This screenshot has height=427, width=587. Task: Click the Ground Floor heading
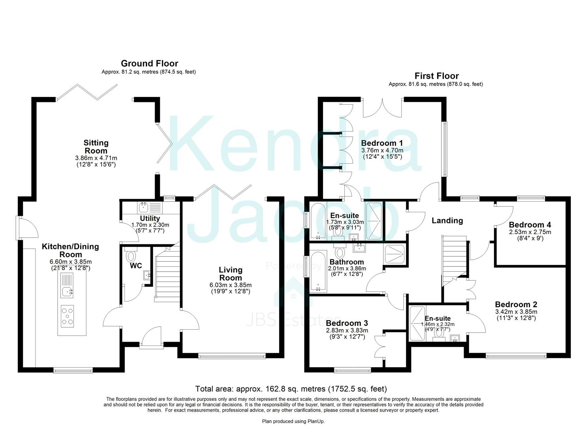(x=149, y=63)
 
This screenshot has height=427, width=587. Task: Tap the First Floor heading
(x=436, y=76)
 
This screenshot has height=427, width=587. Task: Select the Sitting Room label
(x=96, y=147)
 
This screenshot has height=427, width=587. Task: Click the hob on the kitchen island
(x=67, y=316)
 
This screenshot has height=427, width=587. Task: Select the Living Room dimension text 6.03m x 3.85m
(x=230, y=285)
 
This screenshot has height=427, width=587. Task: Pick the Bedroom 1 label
(x=382, y=143)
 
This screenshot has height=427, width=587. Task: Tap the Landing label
(x=447, y=221)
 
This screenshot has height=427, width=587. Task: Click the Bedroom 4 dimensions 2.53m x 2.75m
(x=530, y=232)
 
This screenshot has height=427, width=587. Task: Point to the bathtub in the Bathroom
(x=318, y=271)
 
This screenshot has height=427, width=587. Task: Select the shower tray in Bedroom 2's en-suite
(x=417, y=323)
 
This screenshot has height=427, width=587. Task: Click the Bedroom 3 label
(x=347, y=323)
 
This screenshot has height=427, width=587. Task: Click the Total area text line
(x=291, y=389)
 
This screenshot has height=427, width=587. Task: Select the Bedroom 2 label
(x=516, y=304)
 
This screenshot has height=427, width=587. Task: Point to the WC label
(x=136, y=266)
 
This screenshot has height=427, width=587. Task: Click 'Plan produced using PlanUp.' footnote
(x=293, y=421)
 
